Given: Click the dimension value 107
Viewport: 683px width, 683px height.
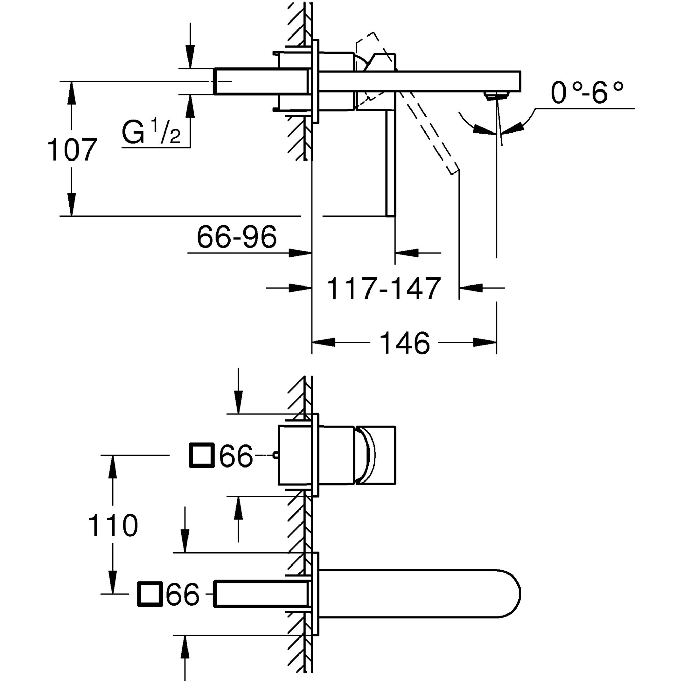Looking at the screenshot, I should pos(72,150).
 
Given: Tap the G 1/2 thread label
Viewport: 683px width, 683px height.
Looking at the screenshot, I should pos(151,132).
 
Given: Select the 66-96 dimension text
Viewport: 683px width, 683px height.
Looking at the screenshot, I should pos(237,237).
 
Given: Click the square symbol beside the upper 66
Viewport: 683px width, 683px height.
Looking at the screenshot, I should pos(202,456).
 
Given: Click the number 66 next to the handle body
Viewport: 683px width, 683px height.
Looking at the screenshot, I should pos(236,456).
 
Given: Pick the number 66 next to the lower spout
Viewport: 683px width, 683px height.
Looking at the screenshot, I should pos(183,594).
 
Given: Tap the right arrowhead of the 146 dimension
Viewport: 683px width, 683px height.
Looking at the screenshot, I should pos(486,342).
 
